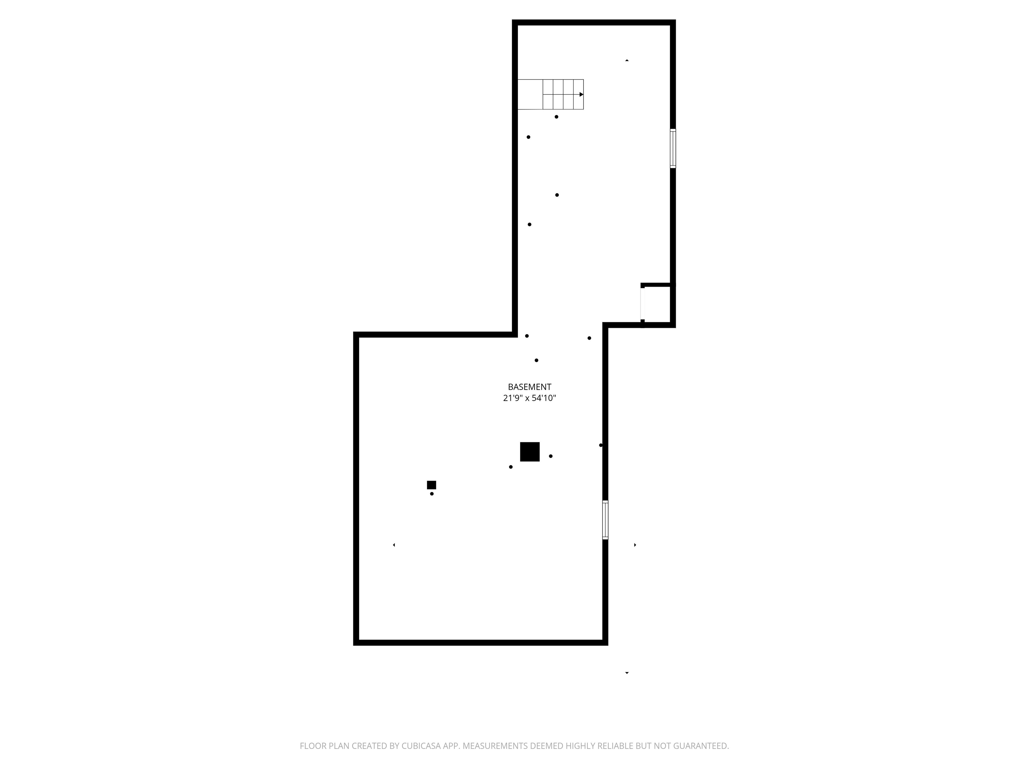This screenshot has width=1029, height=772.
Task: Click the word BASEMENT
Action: [x=529, y=387]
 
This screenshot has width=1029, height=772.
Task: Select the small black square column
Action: [x=431, y=485]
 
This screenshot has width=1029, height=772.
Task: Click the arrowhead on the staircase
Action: [x=581, y=94]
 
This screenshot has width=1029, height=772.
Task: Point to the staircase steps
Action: [x=562, y=94]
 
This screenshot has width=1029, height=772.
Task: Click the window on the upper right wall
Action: [x=673, y=148]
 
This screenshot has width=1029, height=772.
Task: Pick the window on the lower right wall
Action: [x=605, y=520]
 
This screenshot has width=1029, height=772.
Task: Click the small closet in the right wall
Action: [x=657, y=304]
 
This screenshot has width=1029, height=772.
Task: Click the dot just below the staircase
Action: [x=556, y=117]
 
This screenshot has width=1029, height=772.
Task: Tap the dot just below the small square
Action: [x=432, y=494]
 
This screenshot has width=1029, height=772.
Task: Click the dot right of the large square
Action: [x=551, y=456]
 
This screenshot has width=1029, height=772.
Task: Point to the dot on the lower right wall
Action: [x=601, y=445]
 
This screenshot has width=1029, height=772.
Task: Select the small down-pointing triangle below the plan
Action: [x=627, y=673]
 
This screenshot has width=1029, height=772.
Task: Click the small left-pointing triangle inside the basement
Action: [x=394, y=545]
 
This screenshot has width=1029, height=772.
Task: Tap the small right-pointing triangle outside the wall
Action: [x=635, y=545]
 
